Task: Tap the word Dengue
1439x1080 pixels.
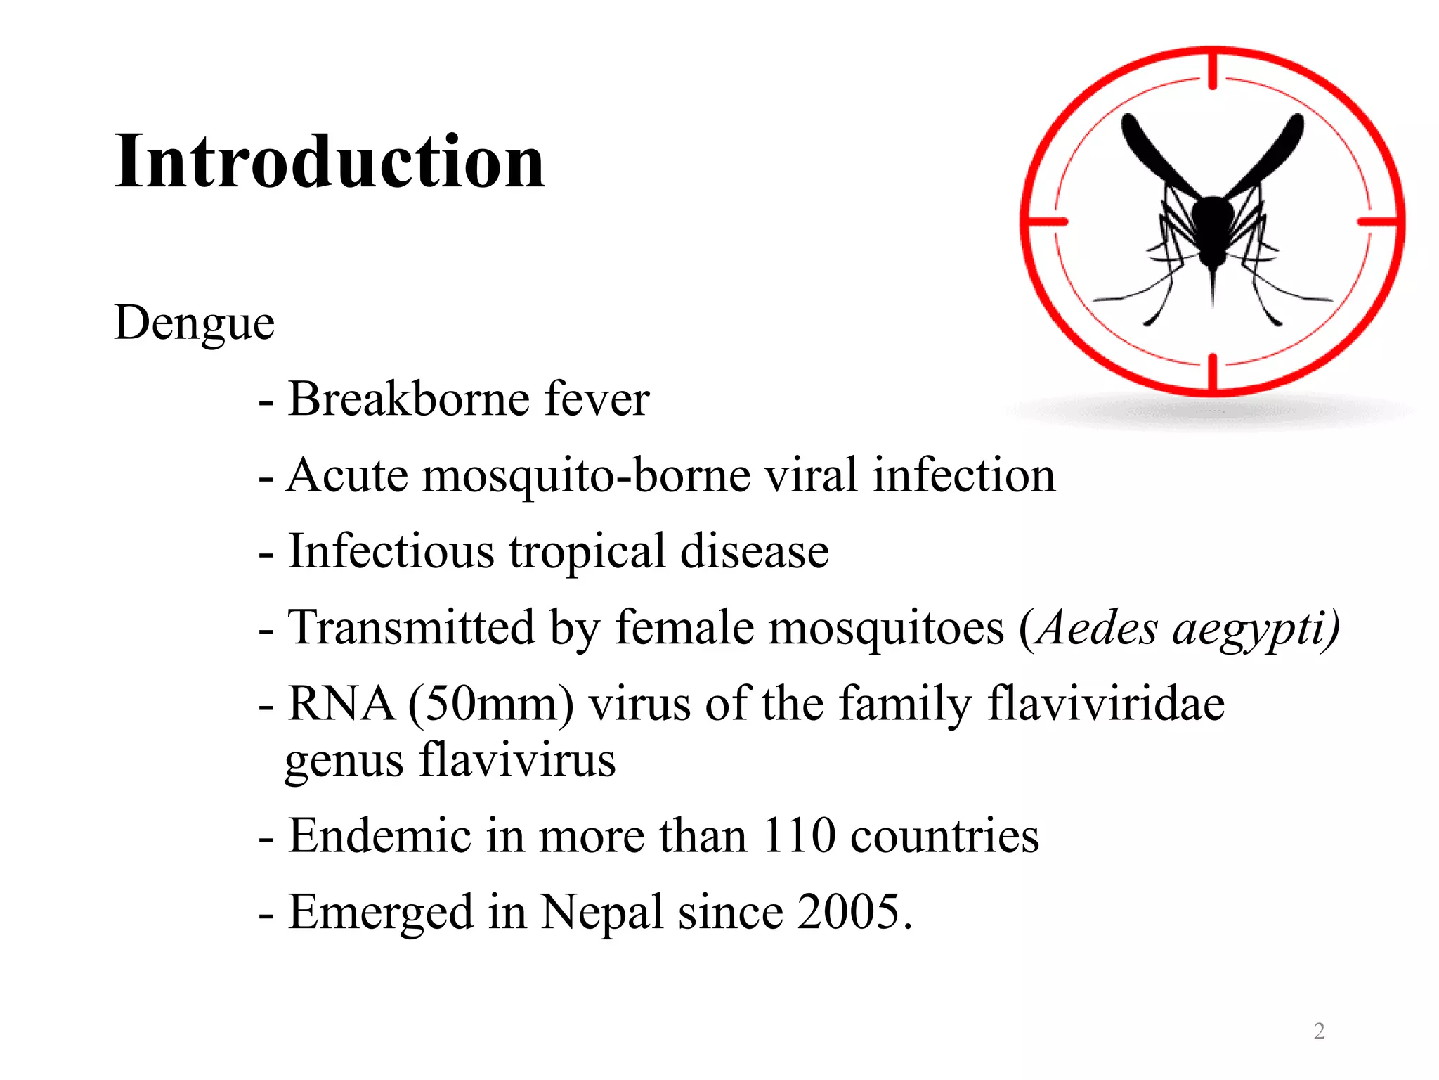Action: click(194, 323)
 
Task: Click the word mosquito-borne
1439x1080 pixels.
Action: click(586, 476)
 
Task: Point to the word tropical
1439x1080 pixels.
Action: click(587, 552)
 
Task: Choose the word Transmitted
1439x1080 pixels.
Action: click(411, 627)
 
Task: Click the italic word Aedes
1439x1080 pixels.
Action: click(1096, 627)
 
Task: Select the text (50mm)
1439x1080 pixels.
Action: click(490, 704)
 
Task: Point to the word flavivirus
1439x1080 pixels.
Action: click(517, 760)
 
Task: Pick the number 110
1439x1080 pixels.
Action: click(799, 836)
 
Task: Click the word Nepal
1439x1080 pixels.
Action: click(601, 913)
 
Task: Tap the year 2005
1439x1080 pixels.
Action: click(853, 912)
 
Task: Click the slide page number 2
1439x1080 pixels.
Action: click(1319, 1031)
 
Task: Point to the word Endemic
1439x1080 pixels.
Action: click(379, 836)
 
